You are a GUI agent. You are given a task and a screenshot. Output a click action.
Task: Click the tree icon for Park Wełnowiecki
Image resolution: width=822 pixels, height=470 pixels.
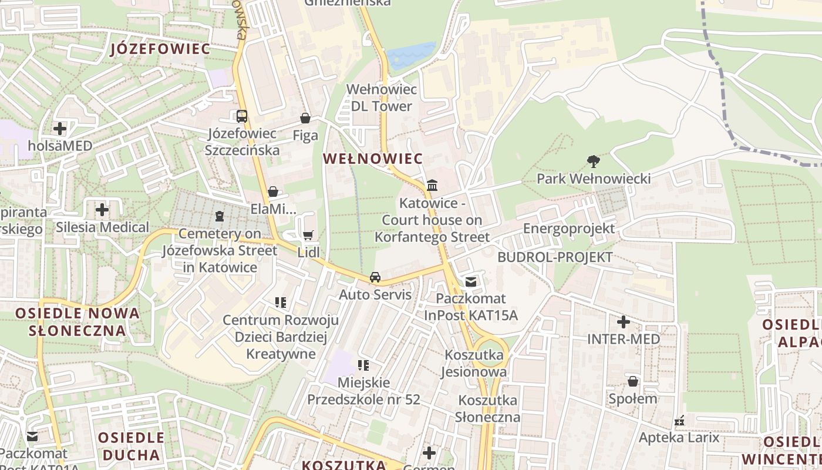pos(593,161)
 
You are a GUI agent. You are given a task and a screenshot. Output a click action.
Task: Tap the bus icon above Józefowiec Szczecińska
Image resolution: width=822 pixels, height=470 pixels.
pos(241,116)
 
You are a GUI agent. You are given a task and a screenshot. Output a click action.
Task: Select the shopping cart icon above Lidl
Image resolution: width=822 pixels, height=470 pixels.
pos(308,236)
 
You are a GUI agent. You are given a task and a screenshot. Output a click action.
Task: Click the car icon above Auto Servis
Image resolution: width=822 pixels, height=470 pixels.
pos(375,277)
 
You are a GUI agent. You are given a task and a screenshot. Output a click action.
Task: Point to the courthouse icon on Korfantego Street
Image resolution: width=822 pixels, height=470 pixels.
pos(432,186)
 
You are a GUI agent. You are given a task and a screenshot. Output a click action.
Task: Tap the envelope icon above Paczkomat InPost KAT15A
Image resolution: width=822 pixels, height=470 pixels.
pos(470,282)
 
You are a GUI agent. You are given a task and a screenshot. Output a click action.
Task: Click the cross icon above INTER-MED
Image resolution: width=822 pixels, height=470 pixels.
pos(624,322)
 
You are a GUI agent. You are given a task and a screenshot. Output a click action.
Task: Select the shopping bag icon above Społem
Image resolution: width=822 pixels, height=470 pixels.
pos(632,381)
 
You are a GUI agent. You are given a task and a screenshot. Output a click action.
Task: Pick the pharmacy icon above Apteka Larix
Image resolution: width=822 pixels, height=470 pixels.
pos(679,421)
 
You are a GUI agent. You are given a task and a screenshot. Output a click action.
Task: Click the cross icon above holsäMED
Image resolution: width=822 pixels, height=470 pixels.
pos(59,128)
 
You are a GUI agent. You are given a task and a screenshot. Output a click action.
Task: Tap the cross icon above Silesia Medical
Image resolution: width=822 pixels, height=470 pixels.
pos(102,210)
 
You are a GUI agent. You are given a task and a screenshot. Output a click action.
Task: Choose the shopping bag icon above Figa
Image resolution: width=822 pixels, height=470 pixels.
pos(305,118)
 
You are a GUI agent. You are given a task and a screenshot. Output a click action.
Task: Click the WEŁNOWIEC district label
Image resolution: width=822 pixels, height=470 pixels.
pos(373,159)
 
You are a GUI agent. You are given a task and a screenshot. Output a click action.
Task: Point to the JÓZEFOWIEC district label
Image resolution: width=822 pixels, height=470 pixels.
pos(160,49)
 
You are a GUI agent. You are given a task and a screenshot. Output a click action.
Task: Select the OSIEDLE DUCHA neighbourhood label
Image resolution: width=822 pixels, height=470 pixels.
pos(131,446)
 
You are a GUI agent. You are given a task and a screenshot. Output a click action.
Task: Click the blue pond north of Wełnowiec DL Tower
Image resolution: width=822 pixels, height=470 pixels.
pos(411,56)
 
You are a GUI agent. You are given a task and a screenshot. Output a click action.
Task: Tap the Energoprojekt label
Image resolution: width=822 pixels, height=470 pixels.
pos(569,229)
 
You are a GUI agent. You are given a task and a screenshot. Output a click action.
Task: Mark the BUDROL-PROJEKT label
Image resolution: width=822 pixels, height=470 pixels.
pos(555,257)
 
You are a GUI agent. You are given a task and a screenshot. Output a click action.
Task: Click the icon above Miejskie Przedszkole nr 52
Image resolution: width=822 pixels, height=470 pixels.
pos(363,365)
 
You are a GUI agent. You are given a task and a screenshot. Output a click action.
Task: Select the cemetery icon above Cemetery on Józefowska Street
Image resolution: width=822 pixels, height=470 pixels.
pos(220,216)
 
